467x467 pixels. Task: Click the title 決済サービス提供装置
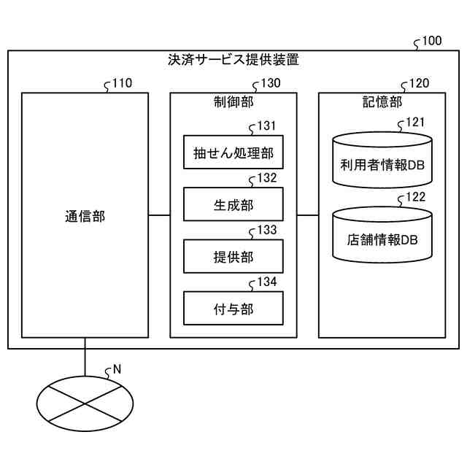click(x=233, y=60)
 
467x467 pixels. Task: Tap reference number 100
click(x=431, y=41)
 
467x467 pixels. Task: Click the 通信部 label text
click(x=85, y=216)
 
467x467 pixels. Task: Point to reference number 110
click(x=122, y=83)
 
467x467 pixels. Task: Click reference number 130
click(x=270, y=83)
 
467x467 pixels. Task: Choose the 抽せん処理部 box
click(x=233, y=153)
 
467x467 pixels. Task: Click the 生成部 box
click(x=233, y=205)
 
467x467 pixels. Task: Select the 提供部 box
click(x=233, y=257)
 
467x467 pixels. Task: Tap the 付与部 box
click(x=233, y=309)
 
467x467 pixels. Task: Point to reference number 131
click(x=266, y=126)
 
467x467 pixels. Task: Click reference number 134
click(x=266, y=282)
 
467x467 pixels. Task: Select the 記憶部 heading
click(x=382, y=102)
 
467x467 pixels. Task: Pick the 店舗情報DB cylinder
click(x=382, y=237)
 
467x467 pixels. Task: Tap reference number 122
click(x=415, y=198)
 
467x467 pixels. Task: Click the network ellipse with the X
click(x=85, y=402)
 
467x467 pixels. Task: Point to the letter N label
click(x=117, y=369)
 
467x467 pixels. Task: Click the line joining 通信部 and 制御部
click(x=159, y=215)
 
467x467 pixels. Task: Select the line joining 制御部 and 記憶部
click(x=308, y=215)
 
